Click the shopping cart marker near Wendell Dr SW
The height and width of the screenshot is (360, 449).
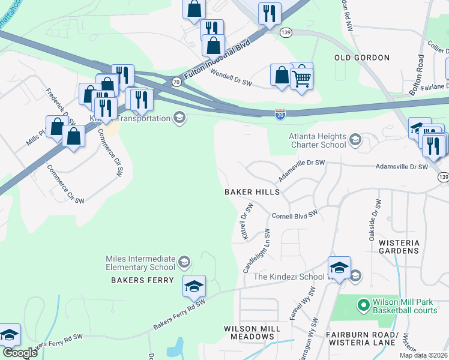301,77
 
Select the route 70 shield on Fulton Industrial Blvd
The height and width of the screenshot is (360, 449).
176,81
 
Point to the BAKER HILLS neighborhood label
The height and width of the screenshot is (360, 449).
252,192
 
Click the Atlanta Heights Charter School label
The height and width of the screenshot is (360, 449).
318,140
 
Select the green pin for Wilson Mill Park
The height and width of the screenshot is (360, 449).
363,305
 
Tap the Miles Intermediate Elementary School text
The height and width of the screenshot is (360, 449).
140,262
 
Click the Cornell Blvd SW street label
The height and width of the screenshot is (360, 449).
294,216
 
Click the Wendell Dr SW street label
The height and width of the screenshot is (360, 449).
231,78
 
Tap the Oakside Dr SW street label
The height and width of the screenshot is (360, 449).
375,220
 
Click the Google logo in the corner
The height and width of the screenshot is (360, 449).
20,353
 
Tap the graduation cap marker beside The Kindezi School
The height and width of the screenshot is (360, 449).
339,268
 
